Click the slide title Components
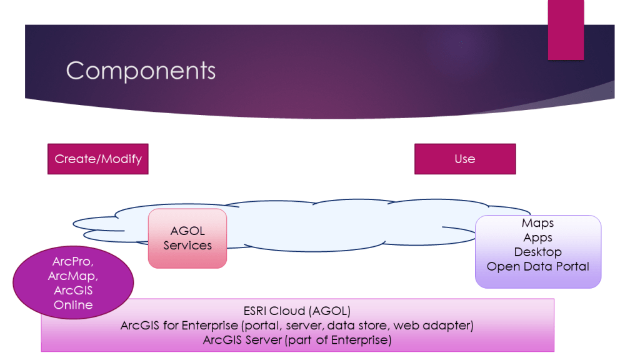point(141,71)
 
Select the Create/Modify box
point(98,159)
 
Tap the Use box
point(465,159)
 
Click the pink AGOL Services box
point(187,238)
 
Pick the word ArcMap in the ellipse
point(72,276)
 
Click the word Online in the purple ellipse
point(73,305)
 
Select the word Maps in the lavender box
point(537,223)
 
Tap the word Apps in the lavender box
point(537,237)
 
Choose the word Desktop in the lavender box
point(537,252)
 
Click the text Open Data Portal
point(537,266)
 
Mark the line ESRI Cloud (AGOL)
point(297,311)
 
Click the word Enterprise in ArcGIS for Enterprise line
point(216,326)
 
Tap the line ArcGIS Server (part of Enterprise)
point(297,340)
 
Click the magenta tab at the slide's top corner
point(566,30)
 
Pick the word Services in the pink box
point(187,246)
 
